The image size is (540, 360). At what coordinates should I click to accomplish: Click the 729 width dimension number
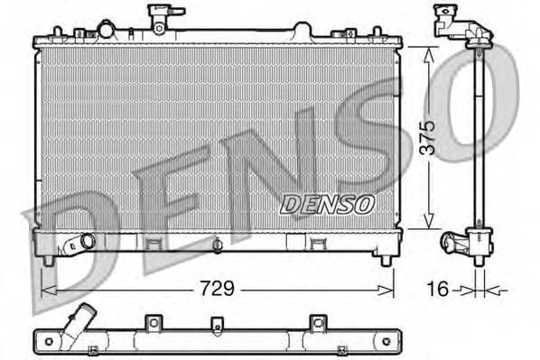[217, 290]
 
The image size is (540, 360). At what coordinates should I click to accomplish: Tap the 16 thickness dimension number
[435, 290]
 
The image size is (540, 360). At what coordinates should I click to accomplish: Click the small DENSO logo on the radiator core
[327, 204]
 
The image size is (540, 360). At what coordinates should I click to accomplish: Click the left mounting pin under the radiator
[47, 261]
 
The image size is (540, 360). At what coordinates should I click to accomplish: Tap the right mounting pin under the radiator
[386, 261]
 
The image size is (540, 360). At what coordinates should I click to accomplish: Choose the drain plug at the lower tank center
[218, 244]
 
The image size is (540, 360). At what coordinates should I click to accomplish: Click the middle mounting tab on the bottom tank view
[215, 323]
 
